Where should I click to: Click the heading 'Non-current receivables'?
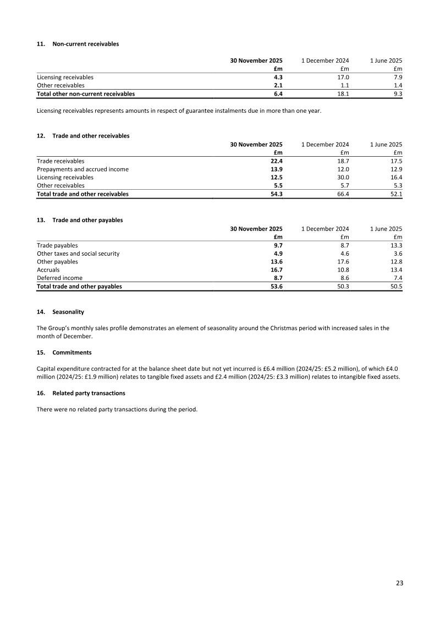tap(85, 44)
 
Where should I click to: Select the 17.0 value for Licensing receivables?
tap(343, 78)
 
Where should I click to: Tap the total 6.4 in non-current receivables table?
tap(278, 94)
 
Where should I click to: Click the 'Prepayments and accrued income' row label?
tap(82, 169)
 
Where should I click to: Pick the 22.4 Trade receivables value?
tap(276, 161)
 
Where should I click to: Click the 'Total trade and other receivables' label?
tap(82, 194)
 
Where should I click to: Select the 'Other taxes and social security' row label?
tap(78, 254)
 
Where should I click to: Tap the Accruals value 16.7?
tap(276, 270)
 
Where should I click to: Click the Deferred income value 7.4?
tap(398, 278)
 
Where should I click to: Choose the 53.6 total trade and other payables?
tap(276, 287)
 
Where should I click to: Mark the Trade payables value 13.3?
tap(396, 245)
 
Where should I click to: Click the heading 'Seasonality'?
tap(68, 312)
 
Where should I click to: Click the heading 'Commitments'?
tap(71, 352)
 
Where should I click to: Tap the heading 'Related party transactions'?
tap(89, 393)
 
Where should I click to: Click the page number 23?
tap(399, 582)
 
